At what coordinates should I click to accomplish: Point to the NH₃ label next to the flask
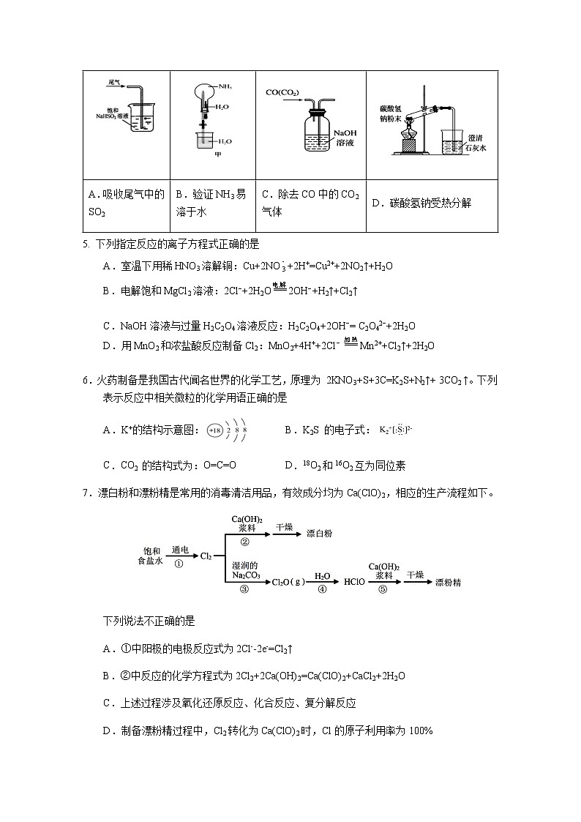[225, 86]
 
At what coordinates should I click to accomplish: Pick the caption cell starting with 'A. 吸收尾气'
[127, 203]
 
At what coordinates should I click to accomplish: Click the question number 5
[86, 244]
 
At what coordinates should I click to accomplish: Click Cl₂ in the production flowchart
[206, 556]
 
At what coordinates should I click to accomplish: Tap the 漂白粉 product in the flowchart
[319, 534]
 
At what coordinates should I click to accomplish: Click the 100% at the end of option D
[421, 730]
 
